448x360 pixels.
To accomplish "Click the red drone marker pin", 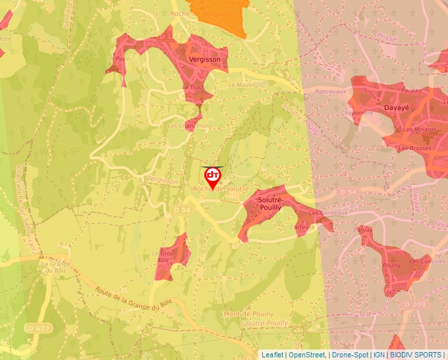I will pyautogui.click(x=212, y=176).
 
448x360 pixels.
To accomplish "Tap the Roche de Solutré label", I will pyautogui.click(x=219, y=189).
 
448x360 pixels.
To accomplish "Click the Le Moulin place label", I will pyautogui.click(x=240, y=85).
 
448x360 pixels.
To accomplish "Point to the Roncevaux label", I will pyautogui.click(x=331, y=92).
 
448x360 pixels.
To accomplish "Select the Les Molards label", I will pyautogui.click(x=419, y=130).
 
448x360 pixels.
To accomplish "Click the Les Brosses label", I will pyautogui.click(x=417, y=149).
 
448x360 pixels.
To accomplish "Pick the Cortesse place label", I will pyautogui.click(x=303, y=227).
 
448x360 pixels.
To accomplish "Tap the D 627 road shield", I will pyautogui.click(x=39, y=328).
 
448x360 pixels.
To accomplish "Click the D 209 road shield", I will pyautogui.click(x=415, y=305).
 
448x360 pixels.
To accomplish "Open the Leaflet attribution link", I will pyautogui.click(x=272, y=355).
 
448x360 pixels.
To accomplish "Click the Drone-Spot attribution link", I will pyautogui.click(x=349, y=355).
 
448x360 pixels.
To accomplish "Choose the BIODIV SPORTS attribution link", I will pyautogui.click(x=416, y=355).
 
